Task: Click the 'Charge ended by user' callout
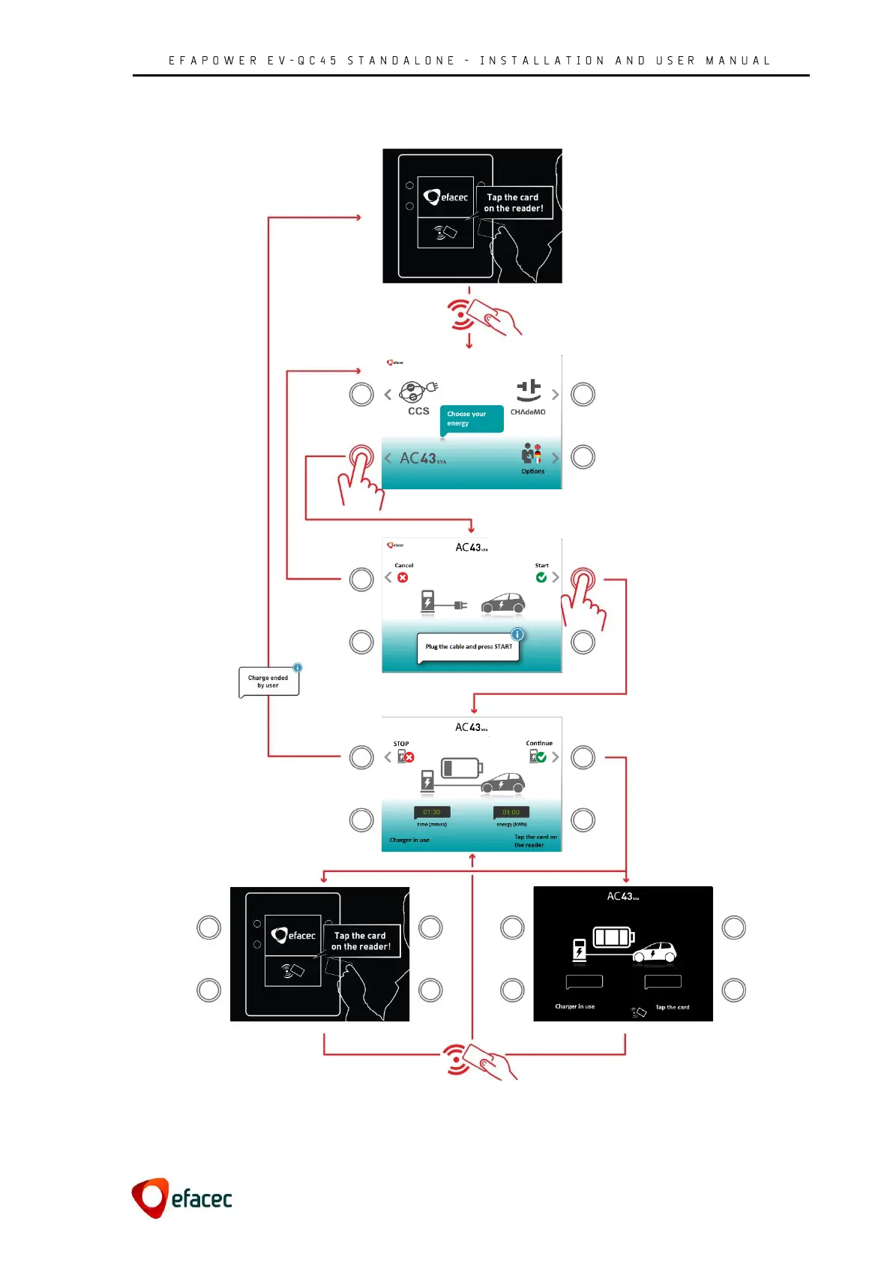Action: [268, 681]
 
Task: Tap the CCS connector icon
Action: [418, 392]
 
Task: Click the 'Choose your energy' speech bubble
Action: [471, 419]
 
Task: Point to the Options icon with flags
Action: [532, 455]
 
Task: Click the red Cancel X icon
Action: [403, 577]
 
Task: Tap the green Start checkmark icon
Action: [541, 577]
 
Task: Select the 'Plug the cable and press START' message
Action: [469, 647]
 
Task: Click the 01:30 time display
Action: [432, 812]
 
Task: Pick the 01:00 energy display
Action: [511, 812]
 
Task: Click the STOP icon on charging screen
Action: [406, 756]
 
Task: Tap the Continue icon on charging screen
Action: [538, 756]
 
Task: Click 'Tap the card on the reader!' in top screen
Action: [514, 203]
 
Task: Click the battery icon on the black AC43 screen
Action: [614, 937]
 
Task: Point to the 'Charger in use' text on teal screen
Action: [409, 840]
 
